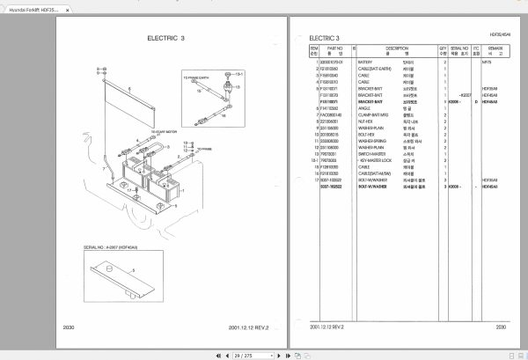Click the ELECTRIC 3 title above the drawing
coord(167,40)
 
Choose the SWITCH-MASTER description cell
coord(372,153)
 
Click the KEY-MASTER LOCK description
coord(374,159)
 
